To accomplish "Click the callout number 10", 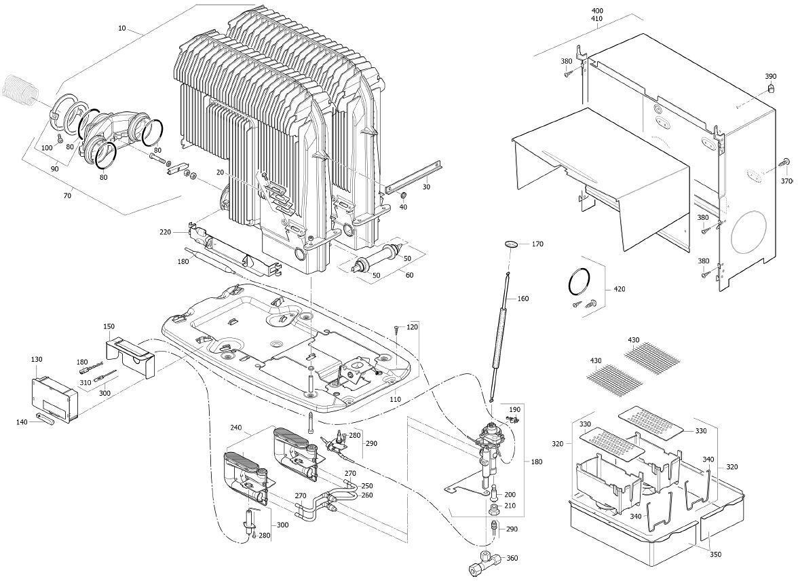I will click(x=121, y=29).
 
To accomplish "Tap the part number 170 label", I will click(x=537, y=244).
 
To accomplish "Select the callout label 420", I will click(x=618, y=289).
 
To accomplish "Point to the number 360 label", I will click(x=512, y=558).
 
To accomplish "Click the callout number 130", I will click(x=37, y=359).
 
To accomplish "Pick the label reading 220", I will click(x=165, y=232).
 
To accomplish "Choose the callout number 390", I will click(x=770, y=76).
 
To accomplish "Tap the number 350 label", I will click(x=715, y=555).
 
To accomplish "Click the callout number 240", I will click(x=235, y=428).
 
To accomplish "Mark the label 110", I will click(x=394, y=400).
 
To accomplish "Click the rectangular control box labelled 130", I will click(x=56, y=399).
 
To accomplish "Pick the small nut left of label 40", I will click(x=403, y=197).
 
